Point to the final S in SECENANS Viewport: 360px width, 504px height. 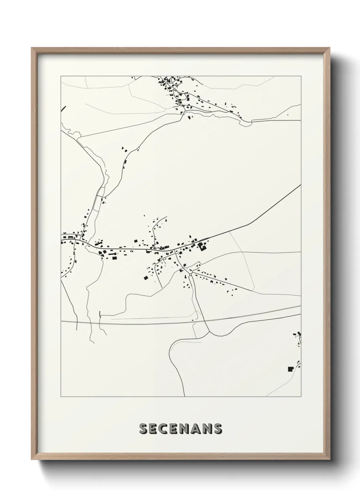pos(217,429)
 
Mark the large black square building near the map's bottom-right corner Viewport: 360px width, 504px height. pos(290,368)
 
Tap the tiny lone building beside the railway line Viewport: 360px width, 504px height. pos(193,320)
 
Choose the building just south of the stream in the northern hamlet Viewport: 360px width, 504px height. pos(189,117)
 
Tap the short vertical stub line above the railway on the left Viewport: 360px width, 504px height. pos(100,314)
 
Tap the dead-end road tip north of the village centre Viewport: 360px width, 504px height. pos(167,216)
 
